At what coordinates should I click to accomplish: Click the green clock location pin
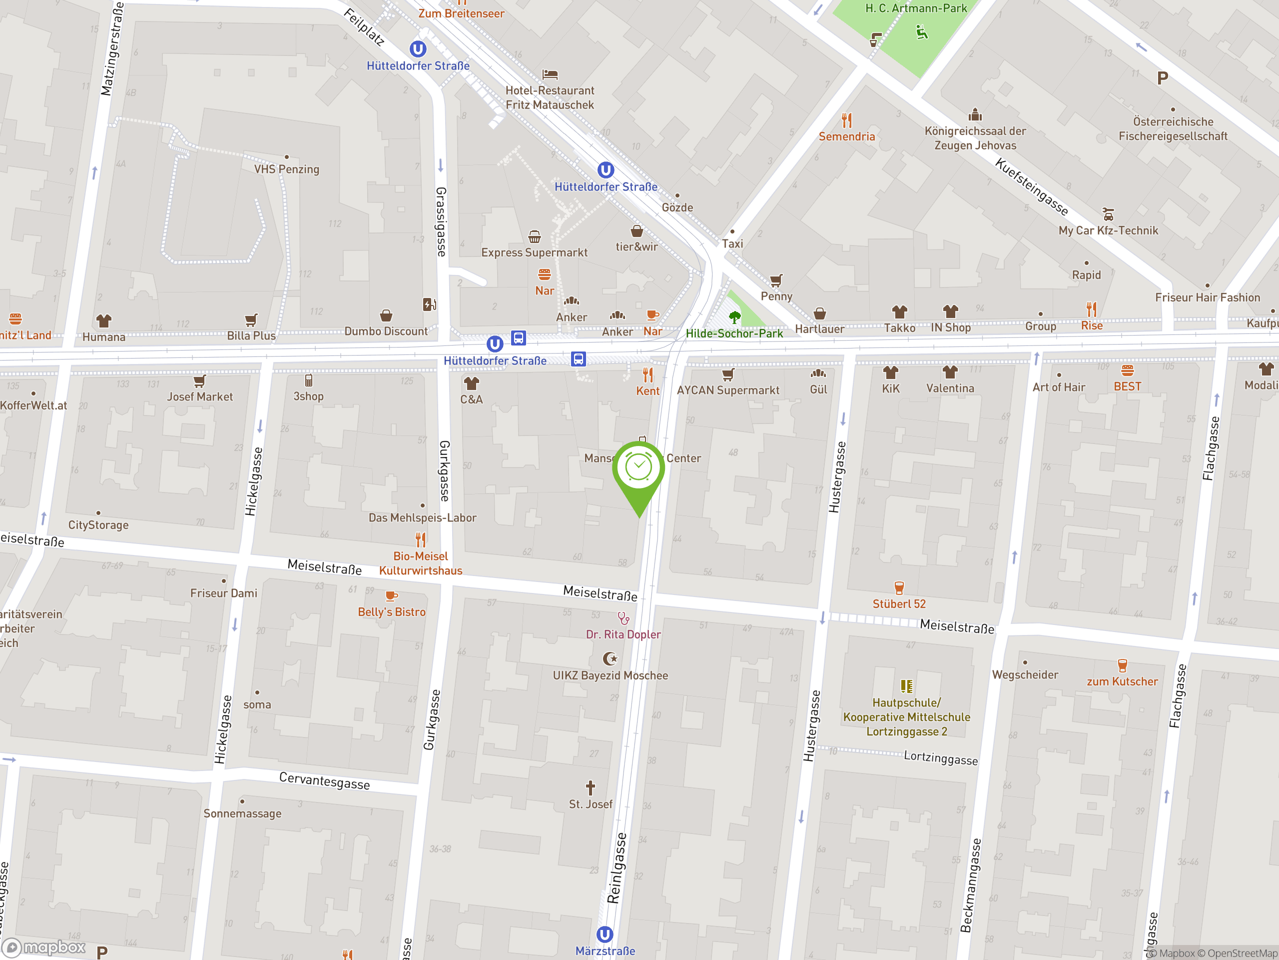pyautogui.click(x=639, y=469)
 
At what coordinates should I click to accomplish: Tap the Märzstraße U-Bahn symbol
pyautogui.click(x=604, y=934)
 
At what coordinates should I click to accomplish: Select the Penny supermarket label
pyautogui.click(x=776, y=296)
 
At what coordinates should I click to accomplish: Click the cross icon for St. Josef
pyautogui.click(x=591, y=787)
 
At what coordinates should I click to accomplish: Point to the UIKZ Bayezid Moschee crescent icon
pyautogui.click(x=610, y=658)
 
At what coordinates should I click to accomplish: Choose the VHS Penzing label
pyautogui.click(x=286, y=169)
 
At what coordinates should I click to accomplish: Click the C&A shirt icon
pyautogui.click(x=471, y=383)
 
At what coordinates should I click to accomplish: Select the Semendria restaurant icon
pyautogui.click(x=846, y=120)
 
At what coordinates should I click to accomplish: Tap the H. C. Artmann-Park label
pyautogui.click(x=915, y=8)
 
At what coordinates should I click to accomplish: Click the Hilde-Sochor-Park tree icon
pyautogui.click(x=734, y=317)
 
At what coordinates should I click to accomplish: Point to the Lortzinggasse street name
pyautogui.click(x=940, y=758)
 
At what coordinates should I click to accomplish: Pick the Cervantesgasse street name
pyautogui.click(x=324, y=780)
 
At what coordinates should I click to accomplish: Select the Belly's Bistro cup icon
pyautogui.click(x=392, y=596)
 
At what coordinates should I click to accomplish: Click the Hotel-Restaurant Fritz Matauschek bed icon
pyautogui.click(x=549, y=74)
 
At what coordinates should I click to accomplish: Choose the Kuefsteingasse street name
pyautogui.click(x=1031, y=187)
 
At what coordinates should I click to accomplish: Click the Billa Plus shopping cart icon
pyautogui.click(x=251, y=320)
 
